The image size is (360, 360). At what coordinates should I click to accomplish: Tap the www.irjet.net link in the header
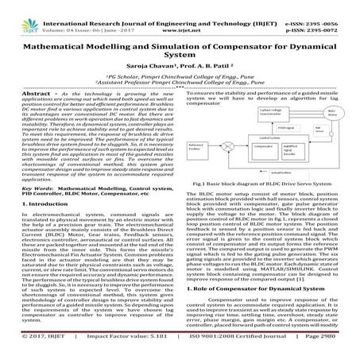click(x=182, y=15)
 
